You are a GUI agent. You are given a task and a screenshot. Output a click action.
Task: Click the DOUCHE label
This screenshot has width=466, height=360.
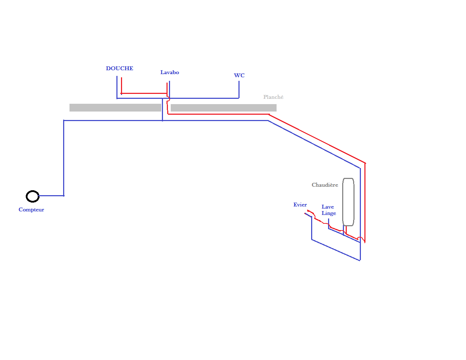click(120, 68)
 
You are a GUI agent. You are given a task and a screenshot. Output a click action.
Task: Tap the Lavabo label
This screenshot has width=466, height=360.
click(170, 72)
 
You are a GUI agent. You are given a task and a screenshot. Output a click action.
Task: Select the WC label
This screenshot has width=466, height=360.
click(239, 76)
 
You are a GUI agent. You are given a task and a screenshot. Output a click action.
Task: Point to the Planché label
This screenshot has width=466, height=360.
click(273, 97)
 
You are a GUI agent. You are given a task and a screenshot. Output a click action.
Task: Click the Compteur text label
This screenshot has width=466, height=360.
click(31, 210)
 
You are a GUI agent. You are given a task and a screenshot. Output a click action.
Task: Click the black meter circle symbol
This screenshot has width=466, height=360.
click(32, 196)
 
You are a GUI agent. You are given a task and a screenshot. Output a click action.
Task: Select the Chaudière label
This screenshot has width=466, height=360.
click(325, 185)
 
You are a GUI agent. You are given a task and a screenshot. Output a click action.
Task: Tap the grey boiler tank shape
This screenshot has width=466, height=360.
click(348, 202)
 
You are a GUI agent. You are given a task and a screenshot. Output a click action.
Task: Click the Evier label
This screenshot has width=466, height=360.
click(300, 205)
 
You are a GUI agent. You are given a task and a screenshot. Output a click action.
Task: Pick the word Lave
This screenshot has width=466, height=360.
click(328, 207)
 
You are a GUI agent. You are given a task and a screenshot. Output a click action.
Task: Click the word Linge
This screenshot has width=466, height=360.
click(329, 213)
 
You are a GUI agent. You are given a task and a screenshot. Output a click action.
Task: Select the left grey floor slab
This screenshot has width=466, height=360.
click(115, 108)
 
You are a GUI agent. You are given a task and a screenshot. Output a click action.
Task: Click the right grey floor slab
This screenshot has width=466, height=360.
click(224, 108)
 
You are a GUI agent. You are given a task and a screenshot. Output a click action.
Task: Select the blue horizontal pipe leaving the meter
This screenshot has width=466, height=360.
click(52, 196)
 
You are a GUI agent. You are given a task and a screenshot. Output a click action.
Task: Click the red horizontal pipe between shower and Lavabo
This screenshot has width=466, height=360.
click(144, 94)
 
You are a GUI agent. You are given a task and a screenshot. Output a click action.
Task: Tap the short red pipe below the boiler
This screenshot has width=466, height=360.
click(346, 230)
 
